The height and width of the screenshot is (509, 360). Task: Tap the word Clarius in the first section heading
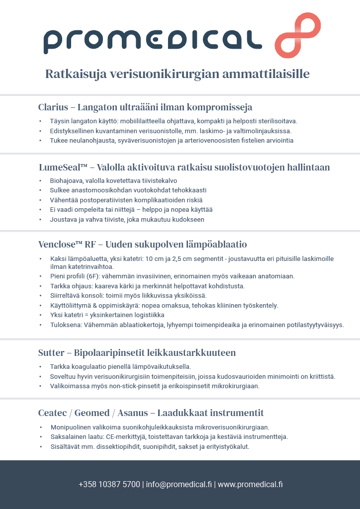tap(53, 107)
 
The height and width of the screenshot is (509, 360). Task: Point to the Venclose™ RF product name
tap(68, 245)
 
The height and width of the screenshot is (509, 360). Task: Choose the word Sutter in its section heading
tap(51, 353)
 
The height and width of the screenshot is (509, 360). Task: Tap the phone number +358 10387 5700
tap(109, 484)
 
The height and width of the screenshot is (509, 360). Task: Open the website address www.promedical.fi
tap(250, 484)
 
